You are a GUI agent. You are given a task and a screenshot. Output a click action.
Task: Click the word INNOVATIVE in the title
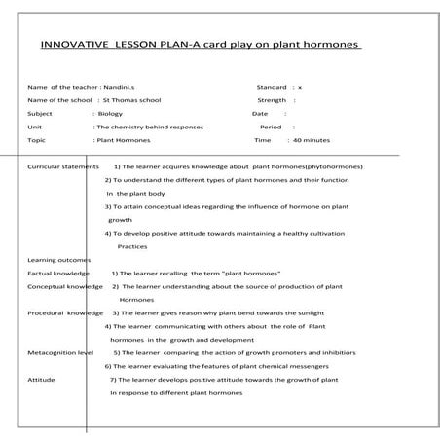(73, 45)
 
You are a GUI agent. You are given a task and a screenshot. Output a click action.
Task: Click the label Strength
(272, 100)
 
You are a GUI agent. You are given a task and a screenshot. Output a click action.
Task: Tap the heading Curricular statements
(63, 167)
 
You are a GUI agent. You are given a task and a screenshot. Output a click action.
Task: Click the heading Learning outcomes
(58, 260)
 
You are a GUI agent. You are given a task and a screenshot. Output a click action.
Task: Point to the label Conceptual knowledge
(64, 287)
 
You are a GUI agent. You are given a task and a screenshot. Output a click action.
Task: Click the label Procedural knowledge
(64, 313)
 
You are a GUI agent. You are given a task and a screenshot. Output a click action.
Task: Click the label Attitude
(41, 380)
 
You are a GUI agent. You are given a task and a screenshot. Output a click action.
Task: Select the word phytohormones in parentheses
(328, 167)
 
